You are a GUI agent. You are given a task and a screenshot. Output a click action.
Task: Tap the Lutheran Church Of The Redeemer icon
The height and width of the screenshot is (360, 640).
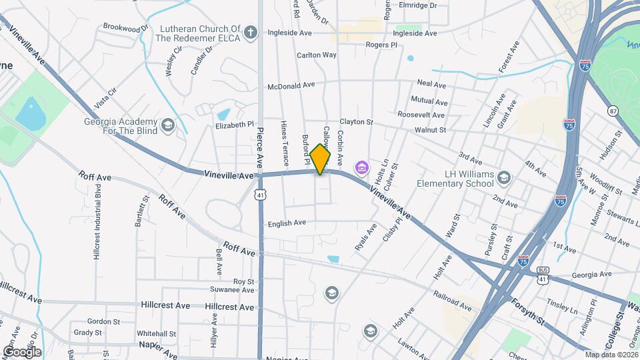[250, 33]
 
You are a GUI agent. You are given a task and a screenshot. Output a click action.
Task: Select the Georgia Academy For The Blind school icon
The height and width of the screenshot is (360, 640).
[167, 125]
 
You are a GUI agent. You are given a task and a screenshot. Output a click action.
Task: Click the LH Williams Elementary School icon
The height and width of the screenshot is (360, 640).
[504, 177]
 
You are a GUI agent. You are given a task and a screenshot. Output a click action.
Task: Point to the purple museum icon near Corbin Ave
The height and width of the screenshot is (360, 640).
[362, 166]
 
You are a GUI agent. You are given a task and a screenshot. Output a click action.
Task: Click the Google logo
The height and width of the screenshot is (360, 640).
[22, 351]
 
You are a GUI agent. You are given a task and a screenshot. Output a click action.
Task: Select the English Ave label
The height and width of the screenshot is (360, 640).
[286, 223]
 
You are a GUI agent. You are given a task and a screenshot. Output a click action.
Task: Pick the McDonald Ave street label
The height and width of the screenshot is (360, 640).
[291, 85]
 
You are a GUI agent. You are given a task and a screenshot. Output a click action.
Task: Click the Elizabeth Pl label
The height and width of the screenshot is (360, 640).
[235, 125]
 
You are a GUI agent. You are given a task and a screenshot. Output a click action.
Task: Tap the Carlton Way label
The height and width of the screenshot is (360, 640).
[317, 55]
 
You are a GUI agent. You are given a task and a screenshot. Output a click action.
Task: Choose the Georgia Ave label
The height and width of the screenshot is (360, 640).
[591, 274]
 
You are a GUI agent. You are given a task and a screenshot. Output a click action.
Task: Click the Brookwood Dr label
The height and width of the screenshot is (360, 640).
[125, 29]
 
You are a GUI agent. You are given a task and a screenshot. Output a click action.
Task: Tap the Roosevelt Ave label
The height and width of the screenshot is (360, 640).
[421, 115]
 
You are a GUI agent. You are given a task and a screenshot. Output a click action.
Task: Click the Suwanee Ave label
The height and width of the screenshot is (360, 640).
[231, 290]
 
